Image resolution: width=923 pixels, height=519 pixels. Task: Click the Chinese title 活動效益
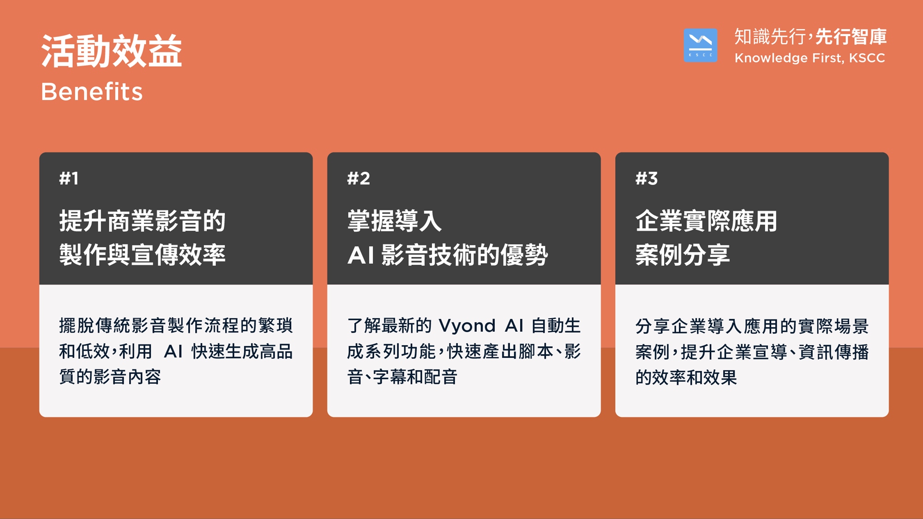[x=112, y=51]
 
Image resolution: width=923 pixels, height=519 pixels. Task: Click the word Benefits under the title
[x=92, y=91]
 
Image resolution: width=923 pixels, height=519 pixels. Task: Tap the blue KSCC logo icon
[x=700, y=45]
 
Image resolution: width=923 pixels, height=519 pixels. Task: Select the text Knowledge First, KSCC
[x=809, y=58]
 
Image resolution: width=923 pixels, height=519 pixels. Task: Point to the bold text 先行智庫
[x=851, y=37]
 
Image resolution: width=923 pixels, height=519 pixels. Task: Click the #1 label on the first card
[x=69, y=179]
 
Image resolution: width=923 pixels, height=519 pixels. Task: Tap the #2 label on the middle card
[x=359, y=179]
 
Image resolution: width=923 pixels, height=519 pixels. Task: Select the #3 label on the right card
[x=647, y=179]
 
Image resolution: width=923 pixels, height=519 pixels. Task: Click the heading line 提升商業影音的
[x=142, y=221]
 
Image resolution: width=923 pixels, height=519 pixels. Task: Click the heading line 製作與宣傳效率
[x=142, y=254]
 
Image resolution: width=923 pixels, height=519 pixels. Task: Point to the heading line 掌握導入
[x=395, y=221]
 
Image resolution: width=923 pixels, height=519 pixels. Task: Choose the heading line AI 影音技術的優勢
[x=447, y=254]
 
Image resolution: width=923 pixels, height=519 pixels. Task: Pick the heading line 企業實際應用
[x=706, y=221]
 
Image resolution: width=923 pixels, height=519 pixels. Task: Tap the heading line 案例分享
[x=683, y=254]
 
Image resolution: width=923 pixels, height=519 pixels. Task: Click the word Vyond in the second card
[x=467, y=326]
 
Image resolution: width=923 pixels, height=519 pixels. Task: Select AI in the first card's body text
[x=174, y=352]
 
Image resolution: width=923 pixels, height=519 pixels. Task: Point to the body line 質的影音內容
[x=110, y=377]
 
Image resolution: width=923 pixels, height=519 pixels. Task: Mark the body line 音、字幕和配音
[x=402, y=377]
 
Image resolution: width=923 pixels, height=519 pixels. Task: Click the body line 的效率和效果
[x=686, y=377]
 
